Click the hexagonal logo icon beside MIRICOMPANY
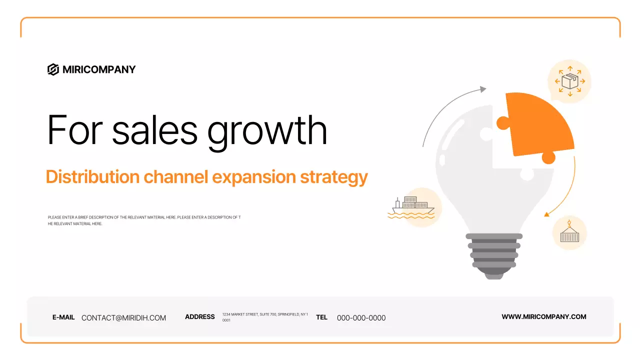53,69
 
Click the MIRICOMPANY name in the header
99,69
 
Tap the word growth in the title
267,130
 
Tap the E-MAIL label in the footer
63,317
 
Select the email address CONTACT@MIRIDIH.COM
123,318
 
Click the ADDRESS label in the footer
199,317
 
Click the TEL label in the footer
321,317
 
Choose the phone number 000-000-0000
361,318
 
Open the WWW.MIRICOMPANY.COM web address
543,316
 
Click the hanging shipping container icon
569,232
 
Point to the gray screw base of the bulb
494,255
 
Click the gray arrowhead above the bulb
482,89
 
